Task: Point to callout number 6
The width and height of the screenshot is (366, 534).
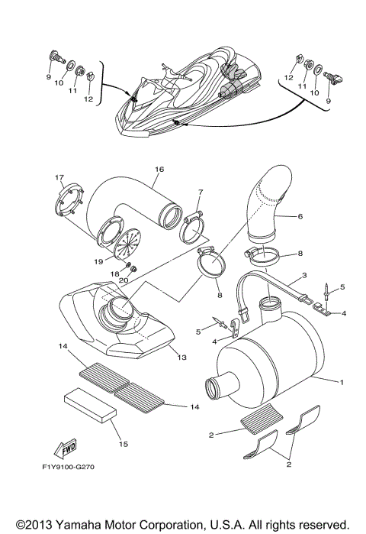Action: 300,216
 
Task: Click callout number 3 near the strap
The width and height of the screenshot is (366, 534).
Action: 303,275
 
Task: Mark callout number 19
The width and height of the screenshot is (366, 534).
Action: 98,261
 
